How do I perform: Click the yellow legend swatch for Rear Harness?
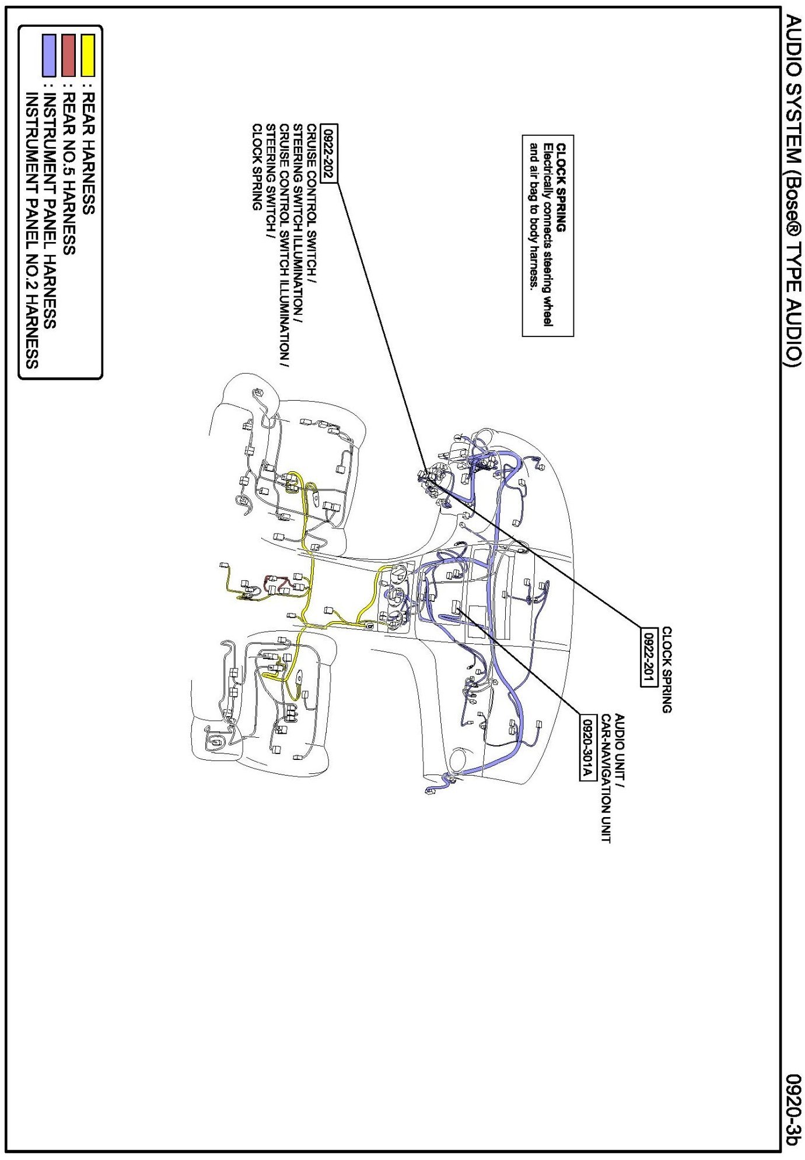tap(87, 55)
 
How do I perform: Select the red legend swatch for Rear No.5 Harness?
tap(69, 55)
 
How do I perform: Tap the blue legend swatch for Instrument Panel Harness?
tap(49, 55)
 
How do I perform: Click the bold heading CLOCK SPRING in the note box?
tap(561, 187)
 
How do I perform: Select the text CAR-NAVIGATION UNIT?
tap(605, 779)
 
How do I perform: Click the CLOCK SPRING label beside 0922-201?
tap(666, 670)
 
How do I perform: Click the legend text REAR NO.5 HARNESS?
tap(69, 174)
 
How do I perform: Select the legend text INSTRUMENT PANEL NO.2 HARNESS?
tap(32, 230)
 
